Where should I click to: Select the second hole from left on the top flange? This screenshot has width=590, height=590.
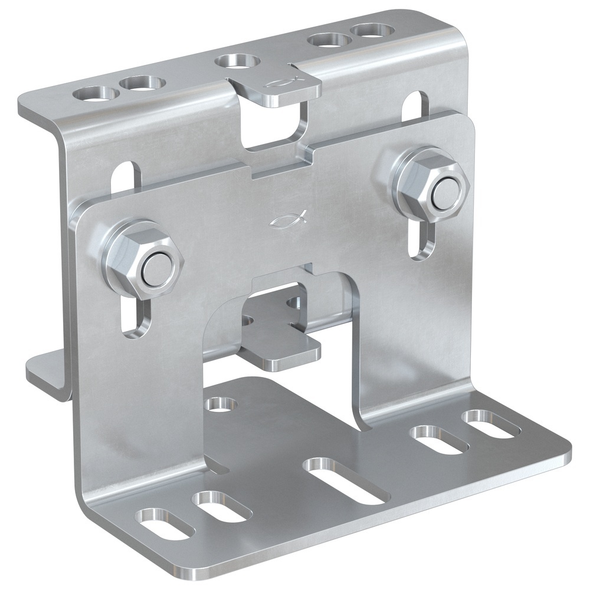140,83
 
